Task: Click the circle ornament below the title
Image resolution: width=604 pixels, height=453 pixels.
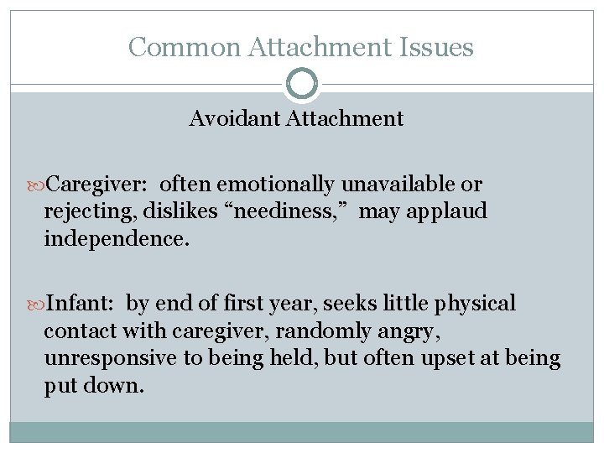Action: point(302,84)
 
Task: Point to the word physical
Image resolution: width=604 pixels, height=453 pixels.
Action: point(479,304)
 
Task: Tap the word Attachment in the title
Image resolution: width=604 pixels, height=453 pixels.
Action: point(312,47)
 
